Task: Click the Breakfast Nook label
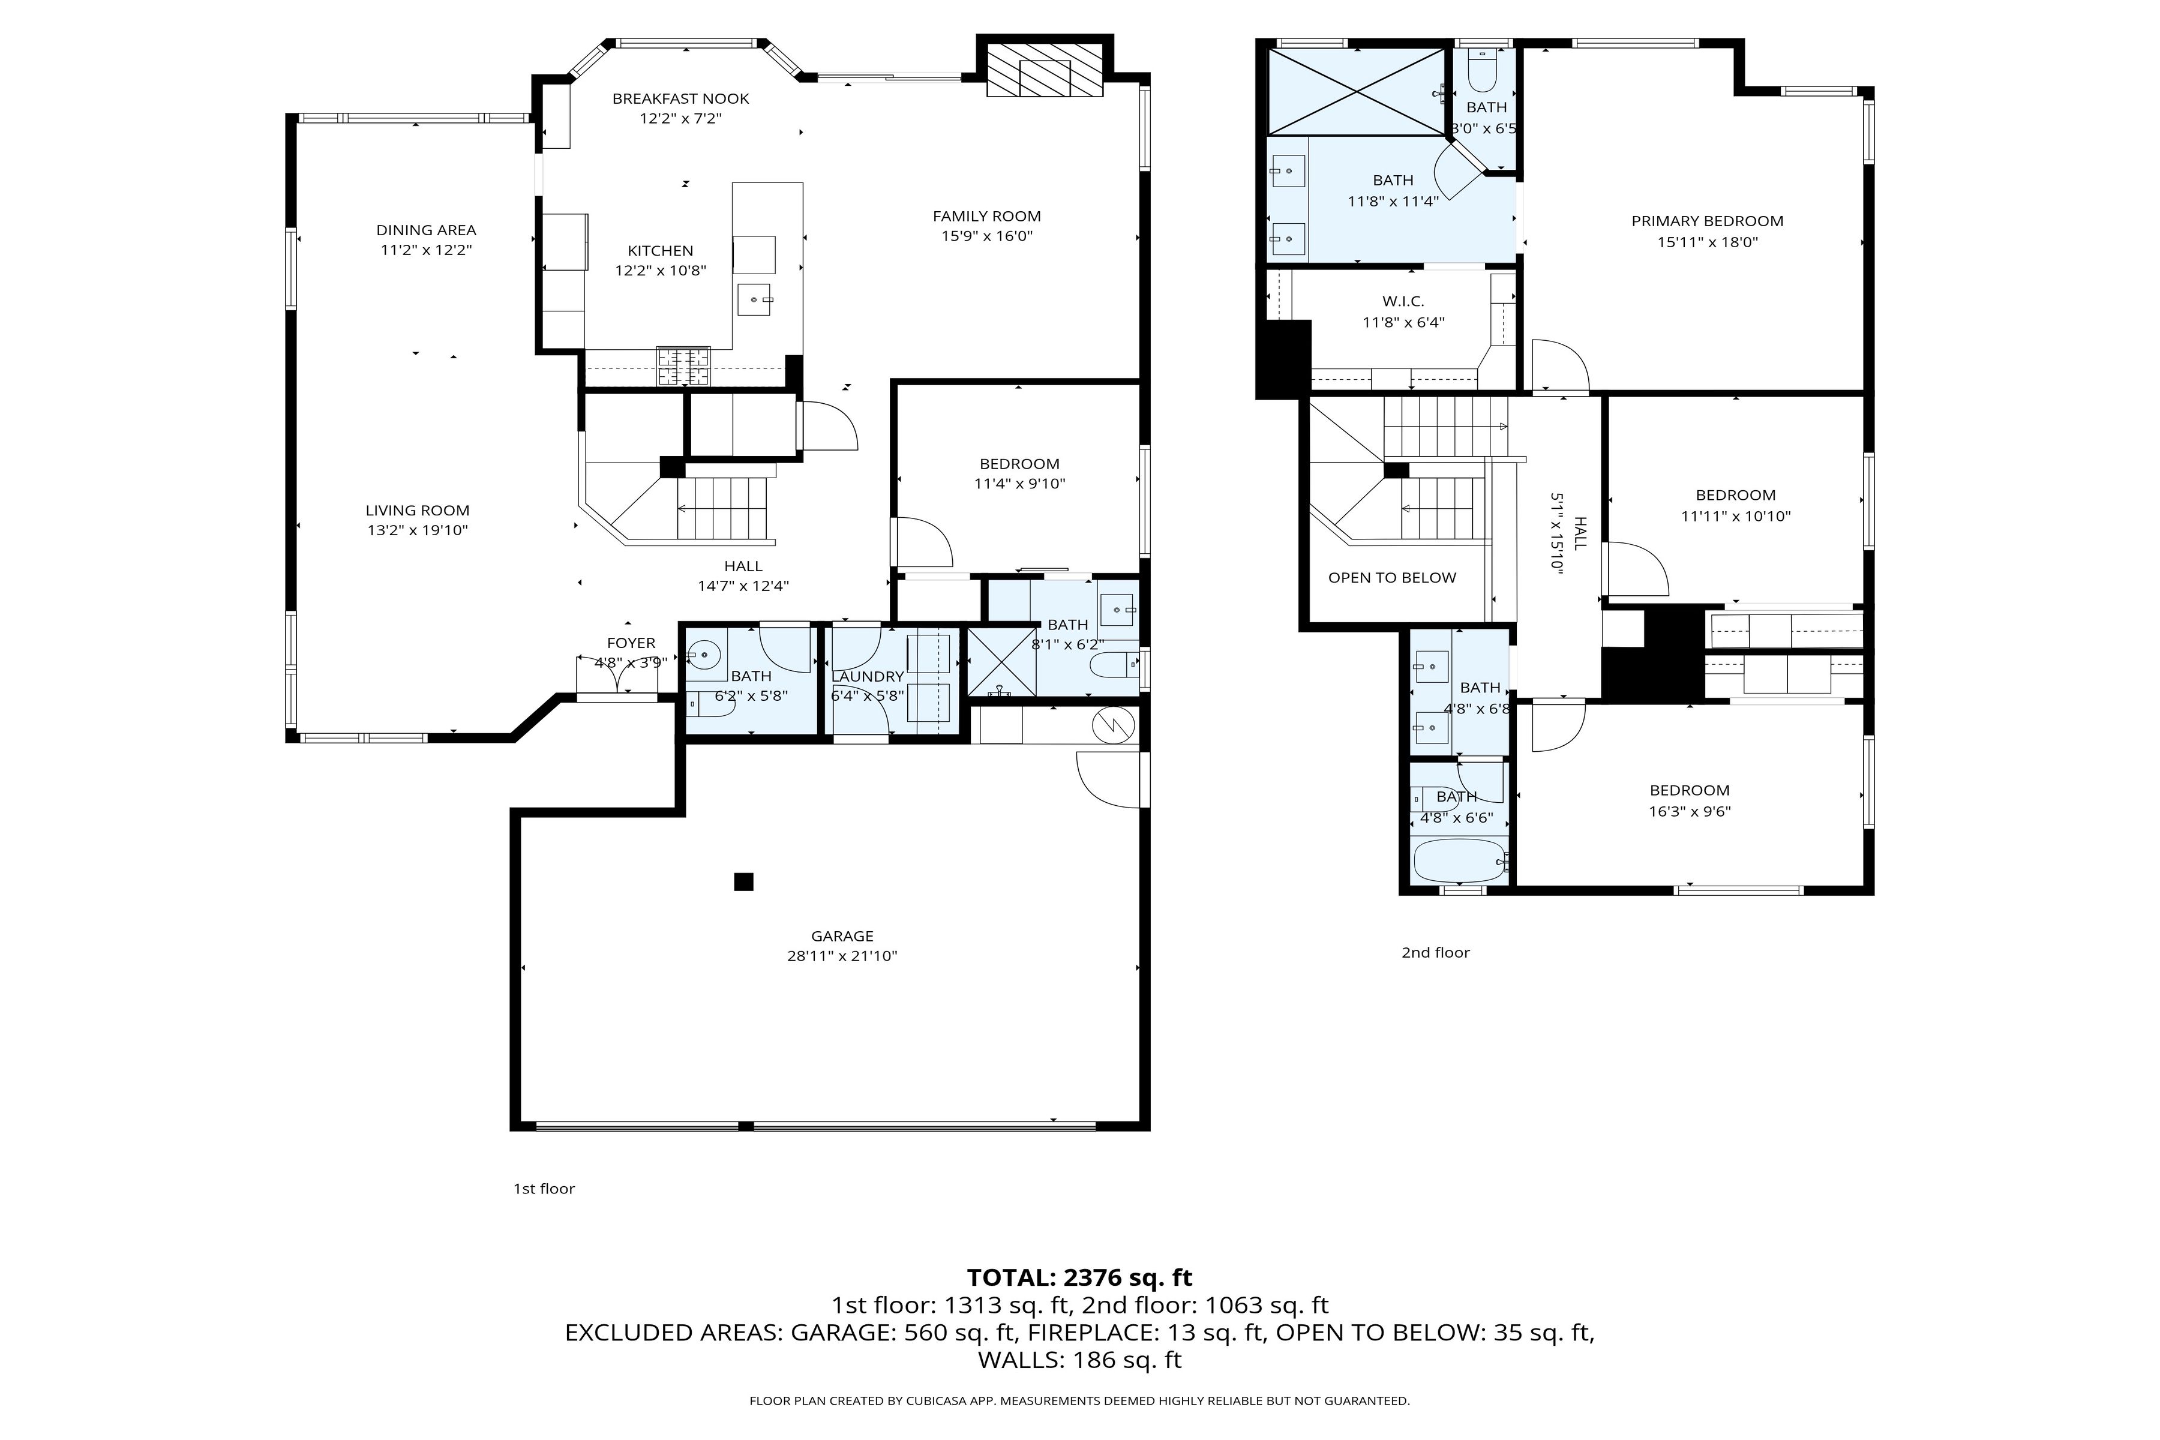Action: coord(680,98)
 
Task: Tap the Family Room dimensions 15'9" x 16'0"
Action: coord(986,236)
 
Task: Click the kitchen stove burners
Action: coord(683,367)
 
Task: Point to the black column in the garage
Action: coord(744,881)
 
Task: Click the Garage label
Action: coord(842,936)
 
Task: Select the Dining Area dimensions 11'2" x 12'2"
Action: coord(426,250)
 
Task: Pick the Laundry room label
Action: coord(867,677)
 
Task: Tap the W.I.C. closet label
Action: coord(1403,301)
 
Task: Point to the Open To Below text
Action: coord(1392,578)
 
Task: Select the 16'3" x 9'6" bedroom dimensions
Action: coord(1690,811)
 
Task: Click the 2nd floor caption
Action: coord(1435,952)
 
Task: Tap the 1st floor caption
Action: coord(544,1189)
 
